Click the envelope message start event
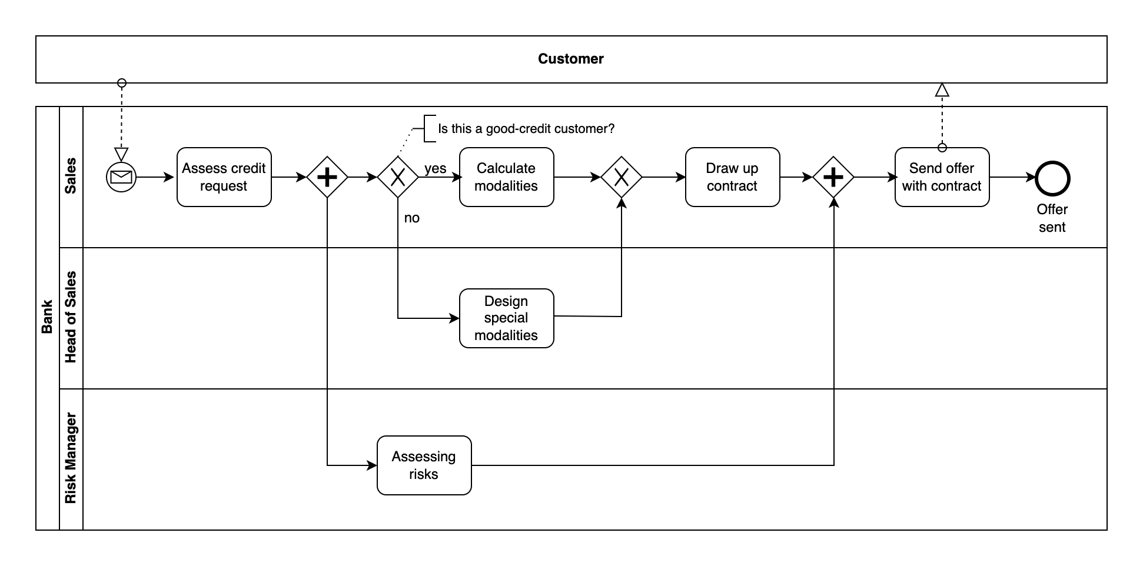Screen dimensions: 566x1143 tap(121, 177)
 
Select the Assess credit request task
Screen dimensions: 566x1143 tap(224, 177)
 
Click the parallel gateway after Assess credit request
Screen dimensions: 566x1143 tap(327, 177)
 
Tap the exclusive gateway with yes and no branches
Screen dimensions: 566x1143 tap(398, 177)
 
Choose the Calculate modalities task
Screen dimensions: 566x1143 tap(506, 177)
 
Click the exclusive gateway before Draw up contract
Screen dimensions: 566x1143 tap(622, 177)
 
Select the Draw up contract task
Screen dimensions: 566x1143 tap(732, 177)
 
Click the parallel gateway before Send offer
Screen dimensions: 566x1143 tap(833, 177)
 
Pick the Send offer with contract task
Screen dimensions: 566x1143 tap(942, 177)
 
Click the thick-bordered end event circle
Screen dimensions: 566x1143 tap(1052, 179)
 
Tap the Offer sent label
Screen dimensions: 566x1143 tap(1052, 218)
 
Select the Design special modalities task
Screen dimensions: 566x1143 tap(506, 318)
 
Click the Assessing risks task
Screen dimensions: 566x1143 tap(424, 465)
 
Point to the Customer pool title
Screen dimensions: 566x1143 tap(570, 59)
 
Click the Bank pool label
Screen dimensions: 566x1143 tap(48, 318)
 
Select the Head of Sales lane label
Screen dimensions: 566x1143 tap(71, 318)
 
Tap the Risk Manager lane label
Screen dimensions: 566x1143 tap(71, 458)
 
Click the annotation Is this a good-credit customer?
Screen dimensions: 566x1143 tap(526, 129)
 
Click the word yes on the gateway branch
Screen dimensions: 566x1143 tap(435, 169)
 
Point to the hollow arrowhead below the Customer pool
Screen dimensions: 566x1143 tap(942, 90)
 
